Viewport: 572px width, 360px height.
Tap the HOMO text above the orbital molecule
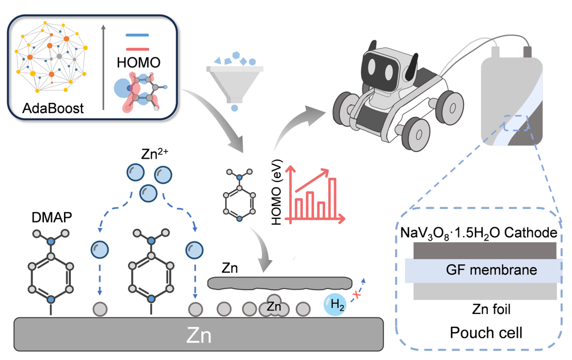tap(138, 63)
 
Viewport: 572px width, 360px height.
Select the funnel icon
tap(235, 83)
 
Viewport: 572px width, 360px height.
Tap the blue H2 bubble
tap(336, 305)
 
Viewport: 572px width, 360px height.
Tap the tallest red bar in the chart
tap(332, 197)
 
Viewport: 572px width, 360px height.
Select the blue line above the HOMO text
tap(138, 36)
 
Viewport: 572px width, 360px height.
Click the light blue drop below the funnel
tap(235, 108)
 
